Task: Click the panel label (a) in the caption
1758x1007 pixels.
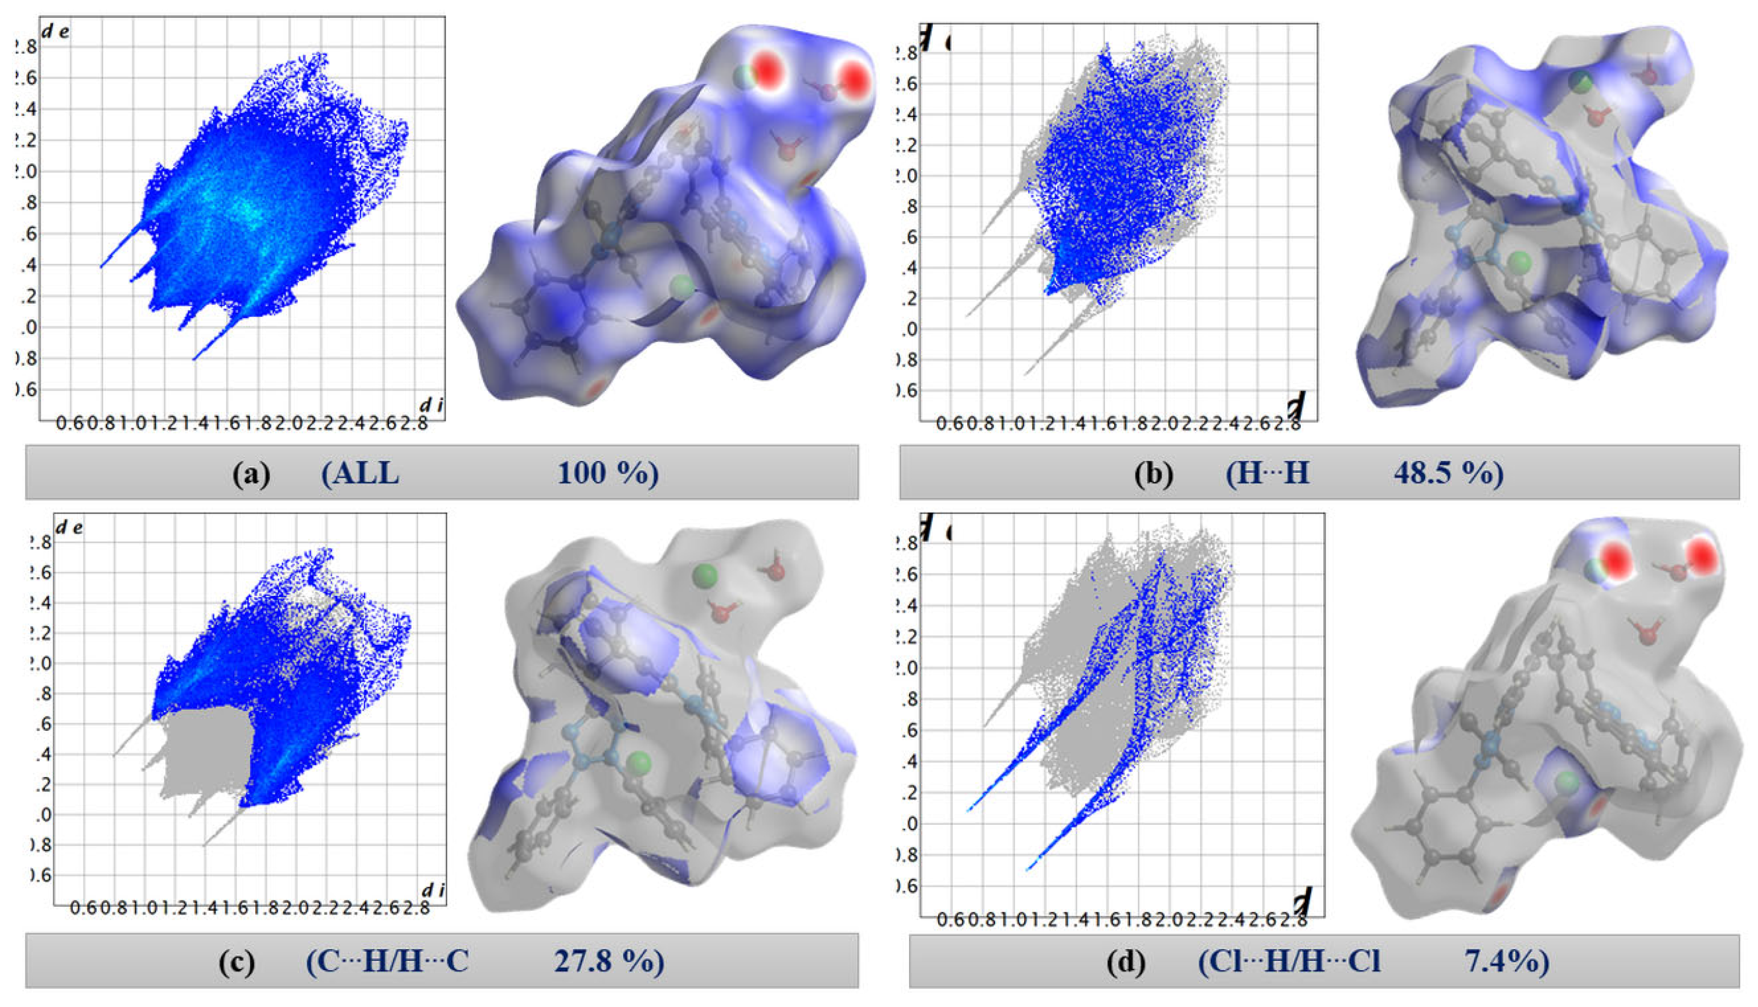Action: coord(251,474)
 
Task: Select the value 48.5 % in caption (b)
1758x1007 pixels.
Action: coord(1447,474)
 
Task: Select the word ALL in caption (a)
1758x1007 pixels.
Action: coord(360,474)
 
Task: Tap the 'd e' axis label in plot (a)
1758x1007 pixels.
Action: coord(55,31)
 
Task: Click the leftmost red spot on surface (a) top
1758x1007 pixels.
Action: coord(766,71)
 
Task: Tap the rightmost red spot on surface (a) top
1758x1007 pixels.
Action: coord(855,78)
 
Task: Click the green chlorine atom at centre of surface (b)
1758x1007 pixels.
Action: coord(1520,262)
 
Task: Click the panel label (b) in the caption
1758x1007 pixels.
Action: coord(1153,474)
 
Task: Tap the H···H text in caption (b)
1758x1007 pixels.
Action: coord(1268,474)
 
